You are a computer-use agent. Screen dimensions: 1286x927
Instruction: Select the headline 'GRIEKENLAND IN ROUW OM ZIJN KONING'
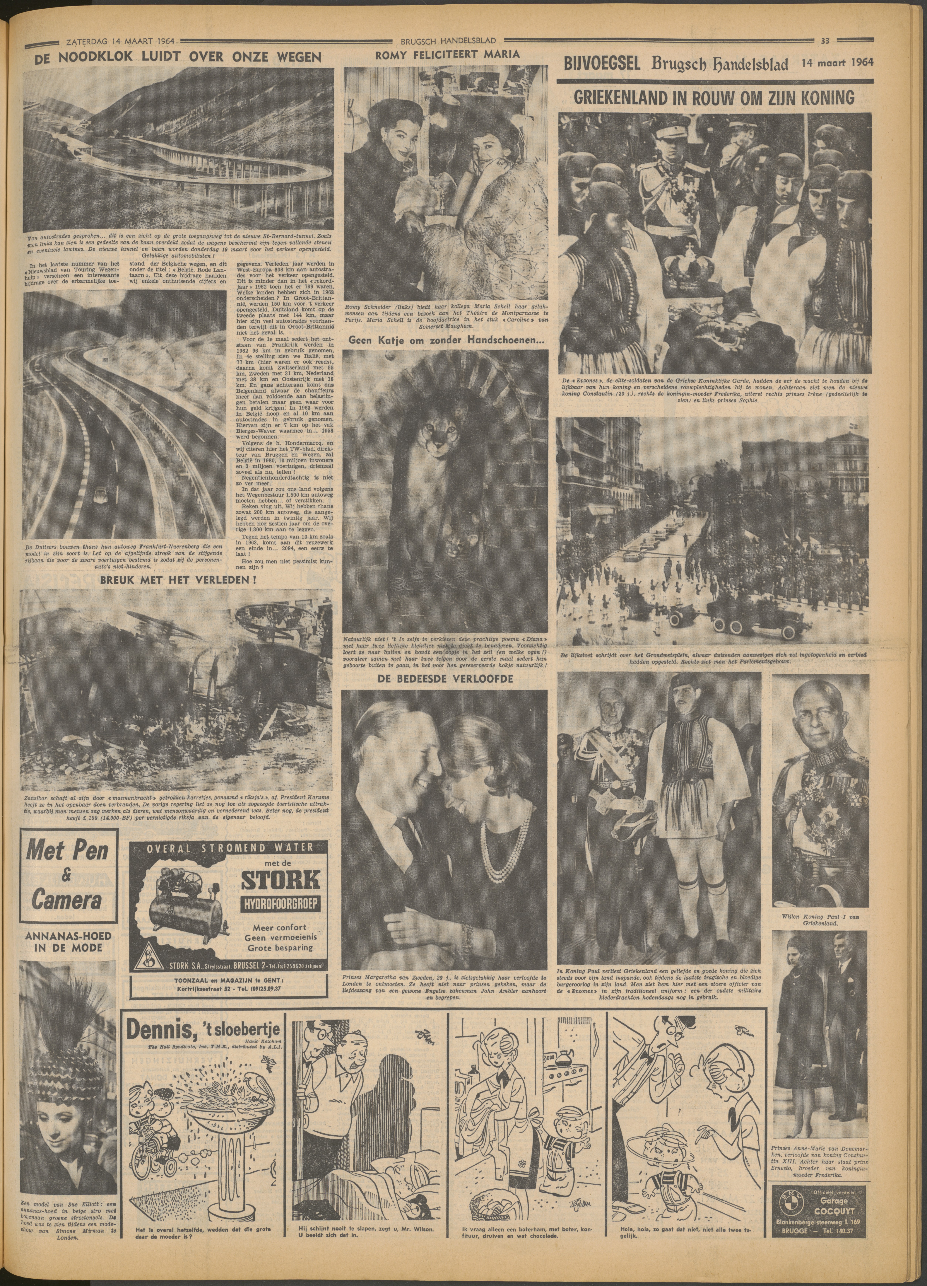714,98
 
